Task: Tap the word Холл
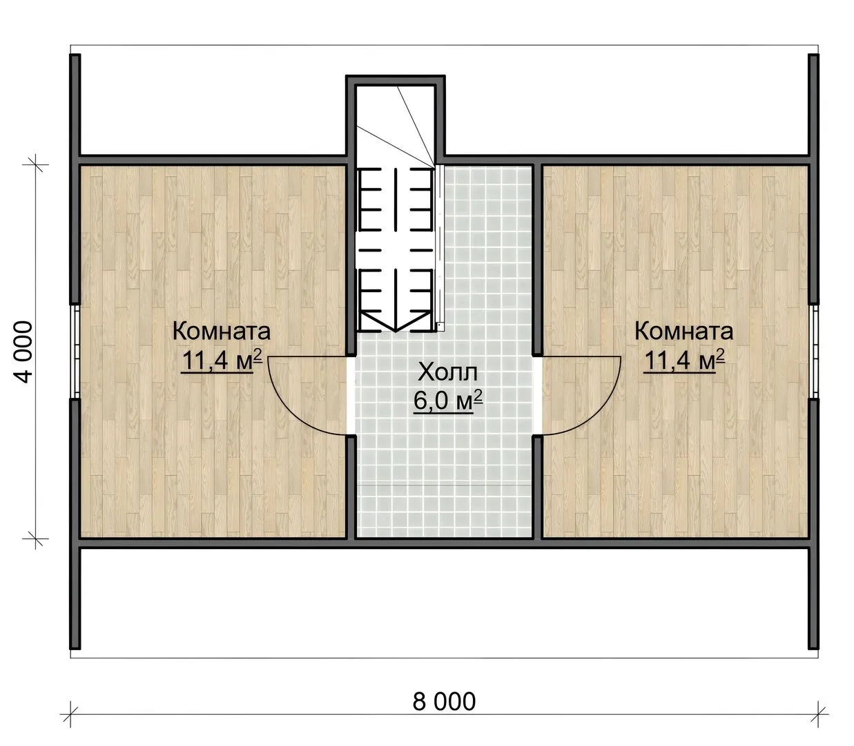coord(447,372)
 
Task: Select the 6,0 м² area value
coord(448,401)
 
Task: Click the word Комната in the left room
coord(221,332)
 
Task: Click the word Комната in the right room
coord(683,332)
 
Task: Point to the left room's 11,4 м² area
coord(222,360)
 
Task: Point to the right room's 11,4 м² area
coord(684,360)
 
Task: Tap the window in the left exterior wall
coord(75,351)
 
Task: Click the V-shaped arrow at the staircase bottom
coord(395,321)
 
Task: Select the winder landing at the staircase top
coord(395,125)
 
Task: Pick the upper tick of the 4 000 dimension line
coord(35,164)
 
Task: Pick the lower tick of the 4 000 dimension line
coord(35,539)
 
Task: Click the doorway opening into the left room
coord(351,395)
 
